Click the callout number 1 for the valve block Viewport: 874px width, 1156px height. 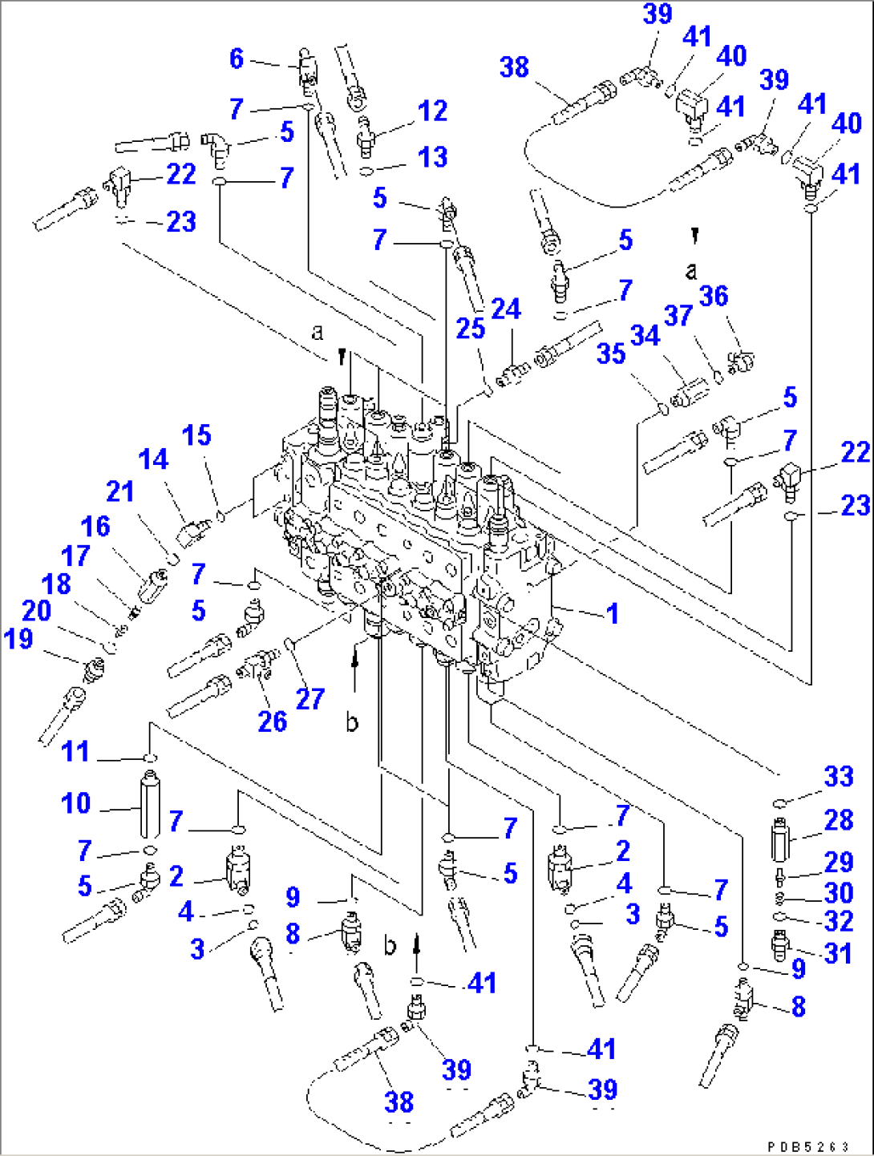613,614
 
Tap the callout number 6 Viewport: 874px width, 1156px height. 237,59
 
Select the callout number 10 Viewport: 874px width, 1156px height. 76,803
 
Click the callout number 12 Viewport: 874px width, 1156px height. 432,111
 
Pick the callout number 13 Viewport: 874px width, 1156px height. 432,157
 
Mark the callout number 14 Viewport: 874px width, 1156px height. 153,459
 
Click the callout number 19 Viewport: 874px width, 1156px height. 18,639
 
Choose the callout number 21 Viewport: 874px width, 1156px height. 120,491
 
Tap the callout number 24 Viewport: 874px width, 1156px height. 506,309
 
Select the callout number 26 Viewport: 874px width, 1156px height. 273,721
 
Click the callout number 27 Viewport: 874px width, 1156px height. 310,699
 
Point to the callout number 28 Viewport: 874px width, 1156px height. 839,820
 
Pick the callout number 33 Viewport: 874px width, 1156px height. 839,776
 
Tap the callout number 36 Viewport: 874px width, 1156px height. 714,296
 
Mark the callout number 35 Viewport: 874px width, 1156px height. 611,354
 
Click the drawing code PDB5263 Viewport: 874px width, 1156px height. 808,1147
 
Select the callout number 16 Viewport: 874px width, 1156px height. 95,527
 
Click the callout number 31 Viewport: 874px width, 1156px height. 839,953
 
